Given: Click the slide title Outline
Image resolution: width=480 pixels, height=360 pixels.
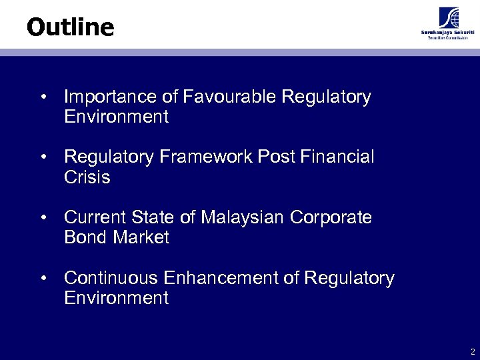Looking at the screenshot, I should [x=70, y=27].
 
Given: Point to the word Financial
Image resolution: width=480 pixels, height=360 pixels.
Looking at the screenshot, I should [x=337, y=157].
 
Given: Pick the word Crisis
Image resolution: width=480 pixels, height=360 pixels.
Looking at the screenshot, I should [x=87, y=177].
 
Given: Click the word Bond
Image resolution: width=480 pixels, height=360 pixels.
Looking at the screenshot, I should [x=85, y=237].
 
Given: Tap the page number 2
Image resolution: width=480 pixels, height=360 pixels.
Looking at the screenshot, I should [x=472, y=351].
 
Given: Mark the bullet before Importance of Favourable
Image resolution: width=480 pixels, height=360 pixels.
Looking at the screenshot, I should [x=43, y=98].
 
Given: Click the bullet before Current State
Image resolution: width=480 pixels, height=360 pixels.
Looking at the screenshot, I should [x=43, y=218].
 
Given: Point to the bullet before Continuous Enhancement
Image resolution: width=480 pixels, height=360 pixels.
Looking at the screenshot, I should [x=43, y=278].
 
